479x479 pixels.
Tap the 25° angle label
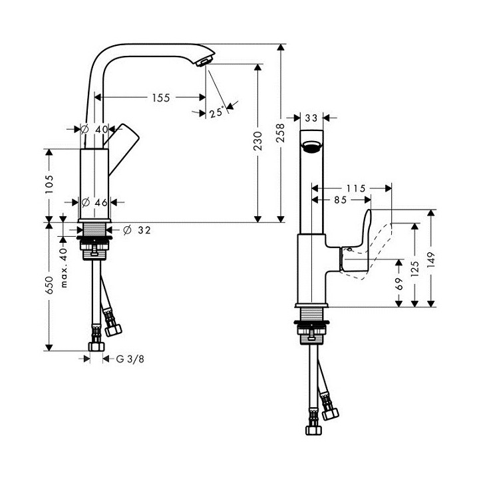pyautogui.click(x=216, y=112)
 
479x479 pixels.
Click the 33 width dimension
pyautogui.click(x=310, y=118)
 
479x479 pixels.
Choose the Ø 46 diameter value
pyautogui.click(x=97, y=202)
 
